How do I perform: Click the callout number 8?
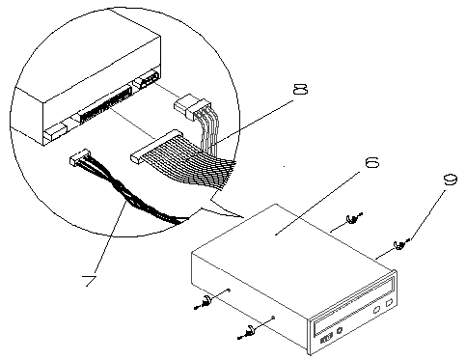pos(300,89)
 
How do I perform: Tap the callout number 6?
pos(372,162)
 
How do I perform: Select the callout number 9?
pos(451,180)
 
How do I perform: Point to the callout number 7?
pos(90,281)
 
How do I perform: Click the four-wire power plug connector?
pos(192,105)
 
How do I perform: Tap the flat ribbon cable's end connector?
pos(156,147)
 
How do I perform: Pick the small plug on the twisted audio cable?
pos(79,156)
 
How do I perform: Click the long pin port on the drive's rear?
pos(106,104)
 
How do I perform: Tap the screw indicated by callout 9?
pos(400,245)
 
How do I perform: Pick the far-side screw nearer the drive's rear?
pos(353,219)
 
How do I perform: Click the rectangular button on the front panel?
pos(389,303)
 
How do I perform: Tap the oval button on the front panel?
pos(375,311)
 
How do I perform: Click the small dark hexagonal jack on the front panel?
pos(339,331)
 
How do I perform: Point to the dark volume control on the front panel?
pos(325,339)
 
